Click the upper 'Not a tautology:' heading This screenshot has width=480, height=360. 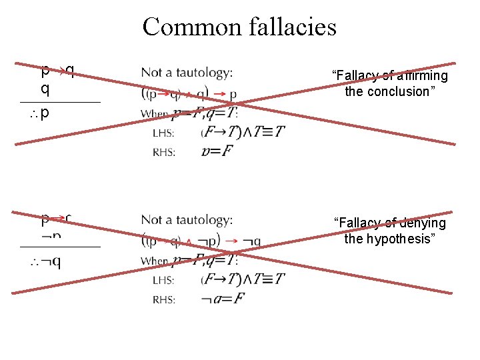click(x=187, y=72)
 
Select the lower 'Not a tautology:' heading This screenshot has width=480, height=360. click(x=187, y=219)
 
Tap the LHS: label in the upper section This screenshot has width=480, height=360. click(x=164, y=133)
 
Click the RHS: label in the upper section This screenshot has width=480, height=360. click(x=164, y=152)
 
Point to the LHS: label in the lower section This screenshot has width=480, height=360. click(x=164, y=280)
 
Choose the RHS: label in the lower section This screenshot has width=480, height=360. click(x=164, y=299)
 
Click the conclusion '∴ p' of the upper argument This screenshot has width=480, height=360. click(x=41, y=113)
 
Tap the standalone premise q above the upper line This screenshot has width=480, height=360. click(x=45, y=89)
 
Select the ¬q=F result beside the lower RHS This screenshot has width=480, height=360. click(x=221, y=299)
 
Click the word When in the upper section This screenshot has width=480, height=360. click(x=155, y=114)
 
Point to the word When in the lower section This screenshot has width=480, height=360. click(x=155, y=261)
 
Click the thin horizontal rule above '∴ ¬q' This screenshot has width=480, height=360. click(x=60, y=247)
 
